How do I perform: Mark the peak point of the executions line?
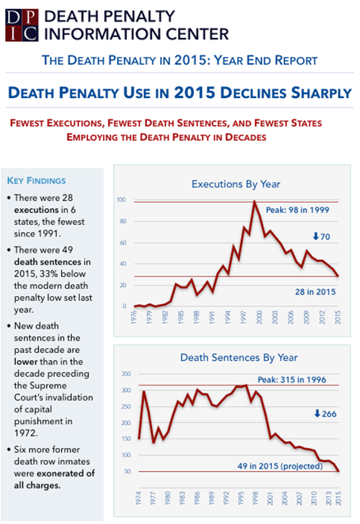tap(255, 202)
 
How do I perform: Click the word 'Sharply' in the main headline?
tap(314, 93)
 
